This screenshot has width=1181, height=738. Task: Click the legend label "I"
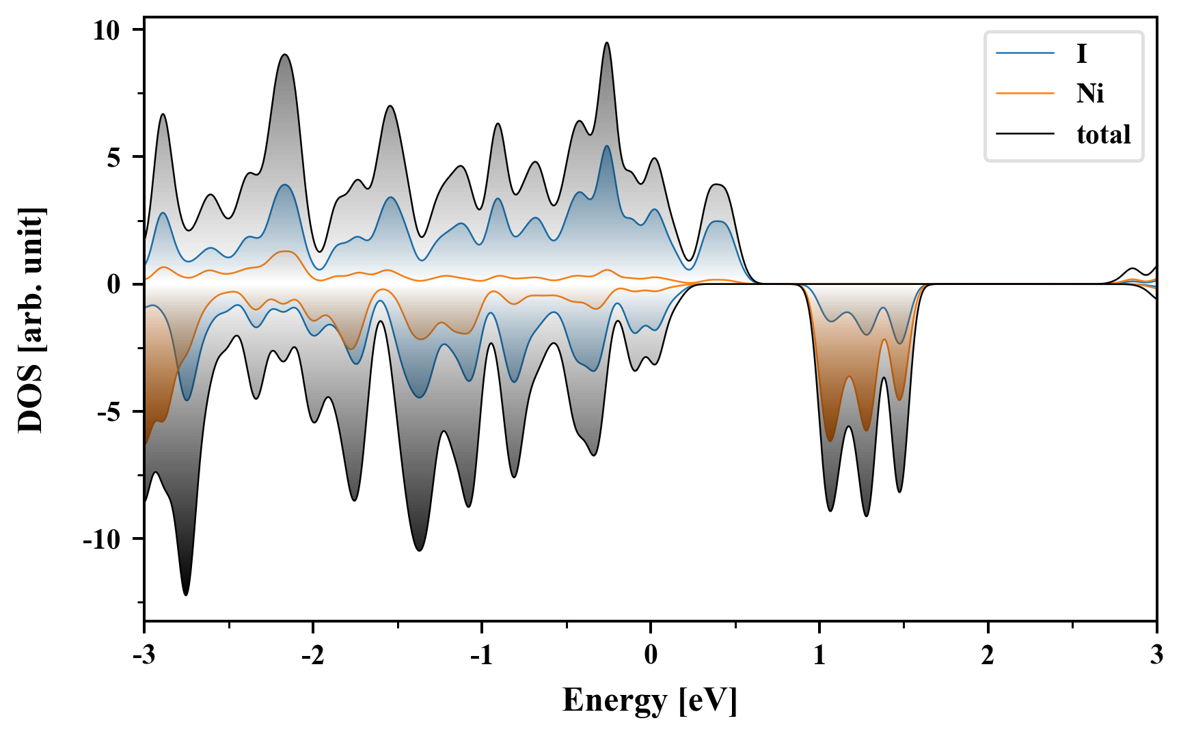point(1081,53)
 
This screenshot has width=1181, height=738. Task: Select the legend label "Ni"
point(1090,93)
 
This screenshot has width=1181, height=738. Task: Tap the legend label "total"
point(1104,134)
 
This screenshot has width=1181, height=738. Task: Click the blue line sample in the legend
point(1025,53)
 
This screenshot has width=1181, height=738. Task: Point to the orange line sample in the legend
point(1025,93)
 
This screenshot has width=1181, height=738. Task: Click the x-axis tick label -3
point(144,655)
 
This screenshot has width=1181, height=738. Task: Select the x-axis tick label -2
point(312,655)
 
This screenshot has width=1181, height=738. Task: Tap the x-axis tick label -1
point(481,655)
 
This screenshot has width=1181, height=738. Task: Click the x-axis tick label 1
point(819,655)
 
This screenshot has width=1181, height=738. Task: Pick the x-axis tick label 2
point(988,655)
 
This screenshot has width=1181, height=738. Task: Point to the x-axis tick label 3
point(1156,655)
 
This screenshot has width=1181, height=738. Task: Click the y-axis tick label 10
point(107,30)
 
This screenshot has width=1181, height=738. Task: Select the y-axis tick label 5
point(113,157)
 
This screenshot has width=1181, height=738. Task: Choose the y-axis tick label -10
point(102,539)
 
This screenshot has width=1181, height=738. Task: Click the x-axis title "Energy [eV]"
point(650,700)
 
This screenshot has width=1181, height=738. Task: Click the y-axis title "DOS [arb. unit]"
point(31,320)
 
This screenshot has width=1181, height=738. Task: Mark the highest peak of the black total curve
point(606,42)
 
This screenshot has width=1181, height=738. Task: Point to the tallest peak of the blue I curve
point(606,146)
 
